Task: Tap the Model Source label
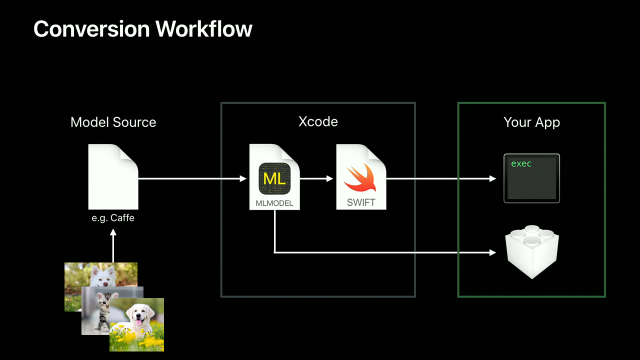[113, 122]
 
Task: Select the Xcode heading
[318, 121]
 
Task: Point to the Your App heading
[531, 122]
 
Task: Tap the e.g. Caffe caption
[113, 218]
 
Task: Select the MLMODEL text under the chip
[274, 203]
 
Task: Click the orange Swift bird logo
[361, 177]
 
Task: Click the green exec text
[521, 164]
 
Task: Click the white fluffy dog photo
[100, 274]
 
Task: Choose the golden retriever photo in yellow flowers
[137, 324]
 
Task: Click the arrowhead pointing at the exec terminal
[492, 178]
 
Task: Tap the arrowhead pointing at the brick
[492, 252]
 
